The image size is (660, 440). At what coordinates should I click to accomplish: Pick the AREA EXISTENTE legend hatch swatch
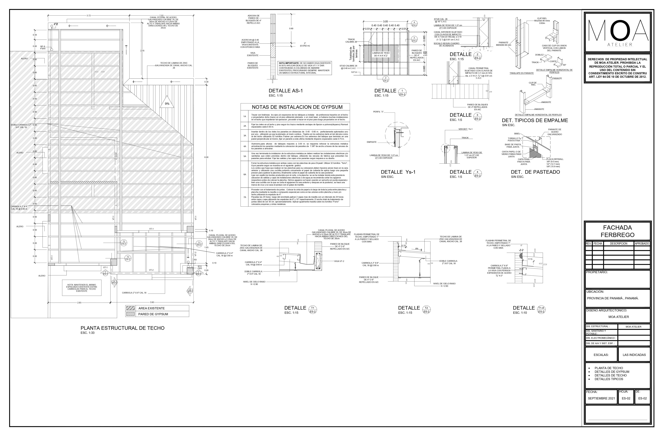point(131,308)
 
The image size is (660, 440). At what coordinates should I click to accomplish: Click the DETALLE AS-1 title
point(286,91)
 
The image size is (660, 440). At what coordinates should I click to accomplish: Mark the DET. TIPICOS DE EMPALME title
point(535,120)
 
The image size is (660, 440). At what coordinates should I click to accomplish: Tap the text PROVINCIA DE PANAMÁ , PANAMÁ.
point(613,298)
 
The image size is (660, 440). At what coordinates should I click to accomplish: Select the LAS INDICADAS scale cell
point(634,355)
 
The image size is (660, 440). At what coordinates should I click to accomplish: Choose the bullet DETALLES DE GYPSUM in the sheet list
point(612,372)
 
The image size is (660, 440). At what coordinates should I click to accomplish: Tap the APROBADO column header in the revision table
point(642,244)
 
